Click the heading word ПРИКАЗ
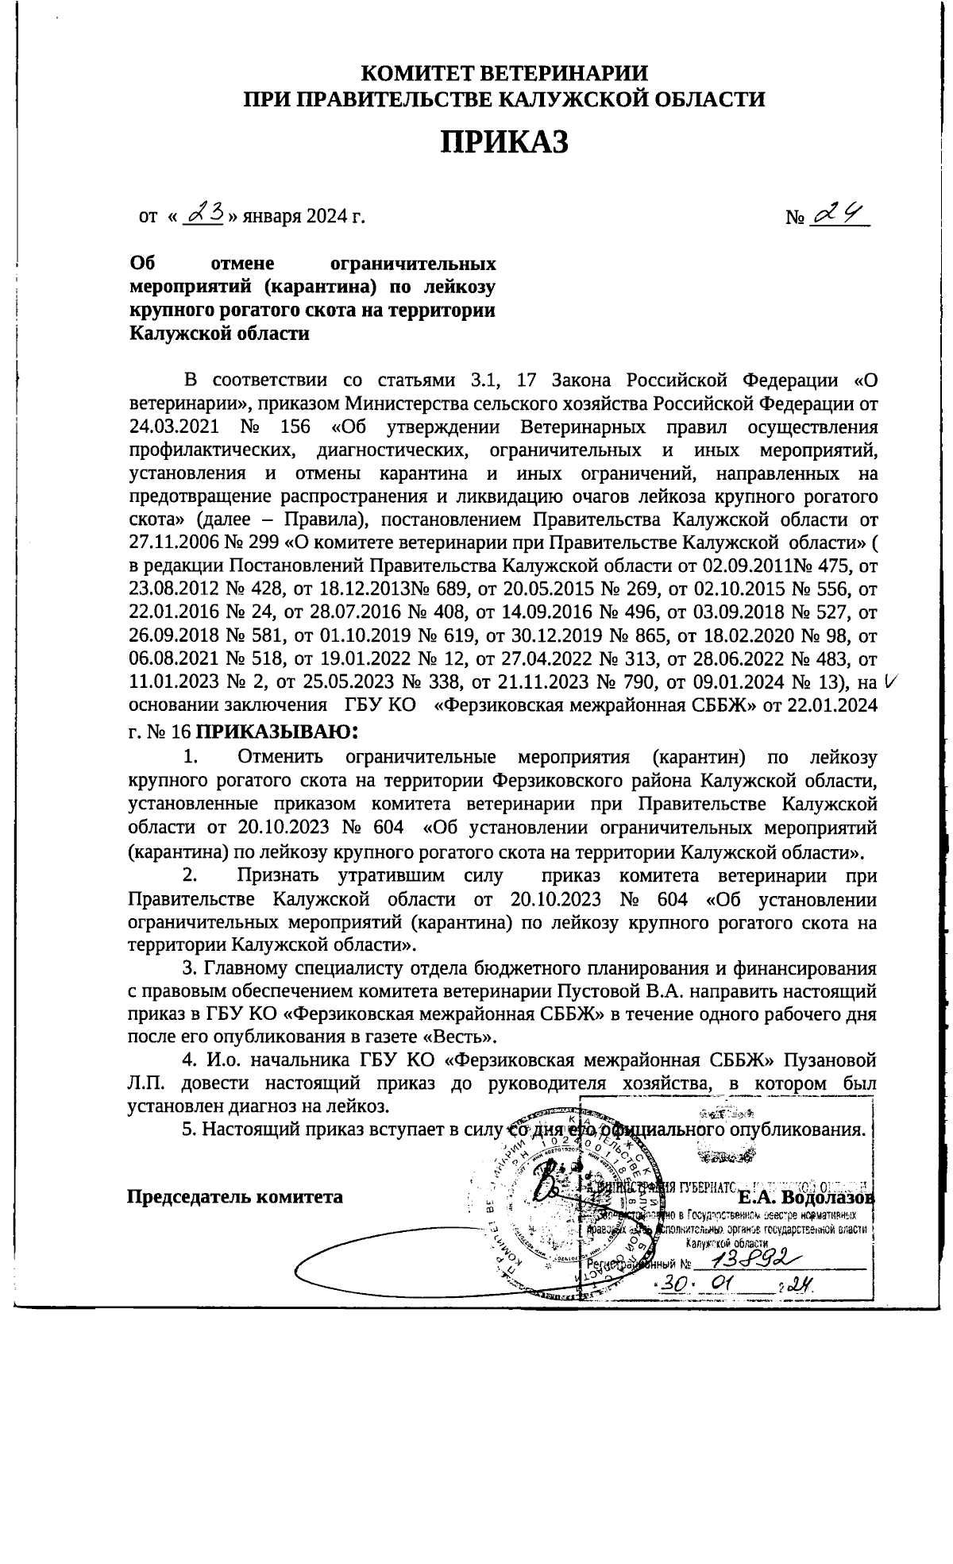[x=505, y=142]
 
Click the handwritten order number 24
[x=838, y=213]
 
